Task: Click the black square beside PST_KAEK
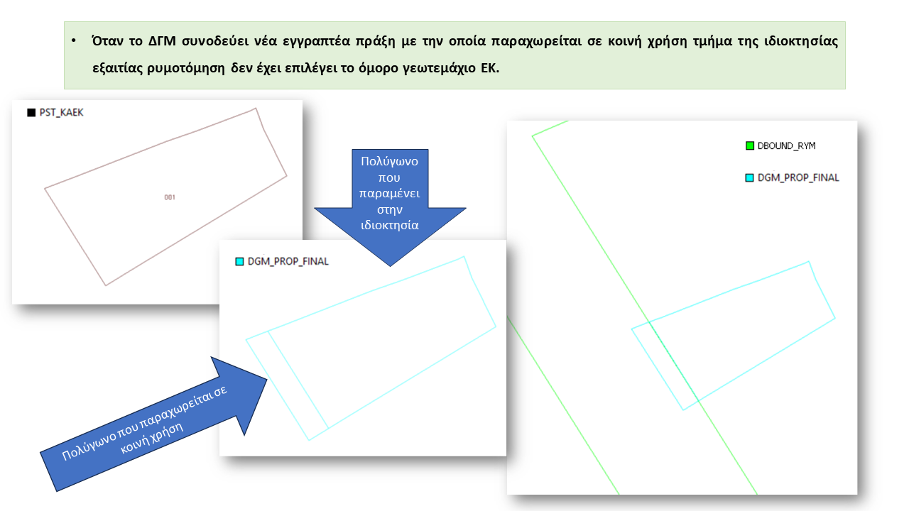pos(31,113)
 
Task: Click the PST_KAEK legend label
pos(61,113)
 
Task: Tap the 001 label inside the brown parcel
pos(170,197)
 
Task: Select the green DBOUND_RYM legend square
pos(750,145)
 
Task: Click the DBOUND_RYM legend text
pos(786,146)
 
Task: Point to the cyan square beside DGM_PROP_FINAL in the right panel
pos(749,177)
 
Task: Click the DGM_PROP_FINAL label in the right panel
pos(798,178)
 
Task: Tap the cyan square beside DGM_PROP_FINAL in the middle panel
pos(239,262)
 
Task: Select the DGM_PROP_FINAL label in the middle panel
pos(288,262)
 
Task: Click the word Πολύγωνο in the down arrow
pos(390,161)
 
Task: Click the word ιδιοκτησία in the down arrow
pos(390,225)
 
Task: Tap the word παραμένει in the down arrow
pos(390,194)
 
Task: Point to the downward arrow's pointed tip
pos(391,266)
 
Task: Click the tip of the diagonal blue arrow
pos(266,380)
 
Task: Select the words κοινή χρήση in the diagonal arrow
pos(152,439)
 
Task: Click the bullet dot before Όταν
pos(74,40)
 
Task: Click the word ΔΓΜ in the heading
pos(162,41)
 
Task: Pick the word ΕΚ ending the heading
pos(490,67)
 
